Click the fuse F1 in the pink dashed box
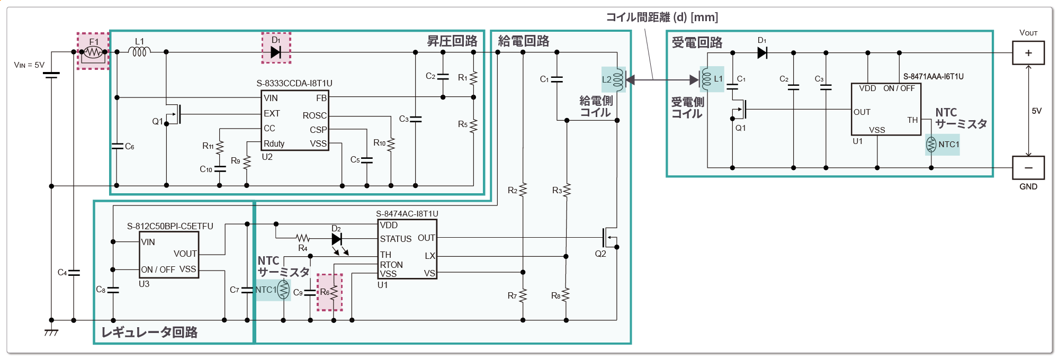point(93,52)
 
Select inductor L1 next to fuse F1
point(140,51)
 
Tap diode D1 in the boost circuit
point(276,52)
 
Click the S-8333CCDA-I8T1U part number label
point(294,83)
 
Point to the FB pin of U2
point(321,98)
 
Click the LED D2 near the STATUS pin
point(337,239)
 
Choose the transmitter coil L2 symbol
point(617,79)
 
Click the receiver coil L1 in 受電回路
point(706,79)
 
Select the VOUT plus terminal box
point(1028,53)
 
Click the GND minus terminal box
point(1028,168)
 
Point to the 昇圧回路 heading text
point(452,41)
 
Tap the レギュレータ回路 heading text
point(149,332)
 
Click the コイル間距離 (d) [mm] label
point(662,17)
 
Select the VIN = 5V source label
point(29,65)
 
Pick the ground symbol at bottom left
point(51,332)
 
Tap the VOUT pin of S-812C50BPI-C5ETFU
point(185,254)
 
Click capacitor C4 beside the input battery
point(73,273)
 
